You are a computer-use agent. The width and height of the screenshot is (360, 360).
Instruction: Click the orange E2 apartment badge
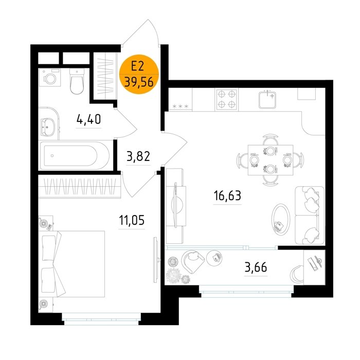pos(139,74)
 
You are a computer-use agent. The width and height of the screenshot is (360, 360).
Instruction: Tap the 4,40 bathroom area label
pos(88,119)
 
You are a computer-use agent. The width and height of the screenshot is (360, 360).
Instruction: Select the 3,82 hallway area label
pos(138,156)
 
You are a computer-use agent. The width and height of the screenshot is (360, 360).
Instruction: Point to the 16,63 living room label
pos(227,195)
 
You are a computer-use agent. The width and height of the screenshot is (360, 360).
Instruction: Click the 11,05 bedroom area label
pos(132,220)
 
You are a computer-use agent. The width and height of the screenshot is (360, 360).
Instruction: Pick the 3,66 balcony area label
pos(256,267)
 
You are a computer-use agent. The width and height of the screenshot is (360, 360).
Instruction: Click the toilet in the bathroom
pos(77,81)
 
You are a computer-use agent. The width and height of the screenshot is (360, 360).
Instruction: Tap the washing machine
pos(50,78)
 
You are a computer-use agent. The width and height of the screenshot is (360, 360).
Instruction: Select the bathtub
pos(75,156)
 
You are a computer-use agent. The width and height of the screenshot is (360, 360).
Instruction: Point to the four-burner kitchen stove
pos(227,99)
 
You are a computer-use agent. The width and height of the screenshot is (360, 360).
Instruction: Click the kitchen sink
pos(267,99)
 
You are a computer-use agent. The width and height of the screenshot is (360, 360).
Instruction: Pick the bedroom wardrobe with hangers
pos(79,186)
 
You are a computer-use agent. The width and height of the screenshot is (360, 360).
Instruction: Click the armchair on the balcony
pos(193,261)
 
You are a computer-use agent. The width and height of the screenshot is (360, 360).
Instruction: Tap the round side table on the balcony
pos(214,258)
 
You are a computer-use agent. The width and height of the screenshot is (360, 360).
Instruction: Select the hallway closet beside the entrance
pos(105,76)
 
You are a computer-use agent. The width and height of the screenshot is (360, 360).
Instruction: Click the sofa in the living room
pos(310,215)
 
